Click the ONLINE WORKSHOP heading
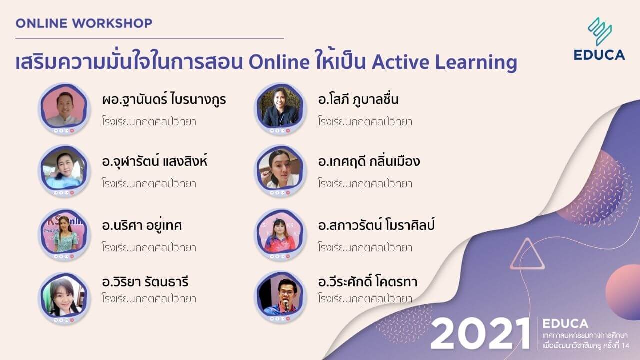(84, 23)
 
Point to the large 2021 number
(480, 333)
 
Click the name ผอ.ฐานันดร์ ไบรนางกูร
(164, 99)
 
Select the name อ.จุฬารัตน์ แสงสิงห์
(154, 161)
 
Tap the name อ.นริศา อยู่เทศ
(141, 225)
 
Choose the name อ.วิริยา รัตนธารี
(145, 282)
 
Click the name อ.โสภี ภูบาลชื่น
(358, 99)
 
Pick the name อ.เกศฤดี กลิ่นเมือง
(369, 161)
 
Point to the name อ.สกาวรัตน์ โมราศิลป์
(376, 225)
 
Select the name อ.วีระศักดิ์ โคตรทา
(367, 282)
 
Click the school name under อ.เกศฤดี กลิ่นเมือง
(365, 183)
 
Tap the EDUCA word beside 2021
(565, 323)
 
